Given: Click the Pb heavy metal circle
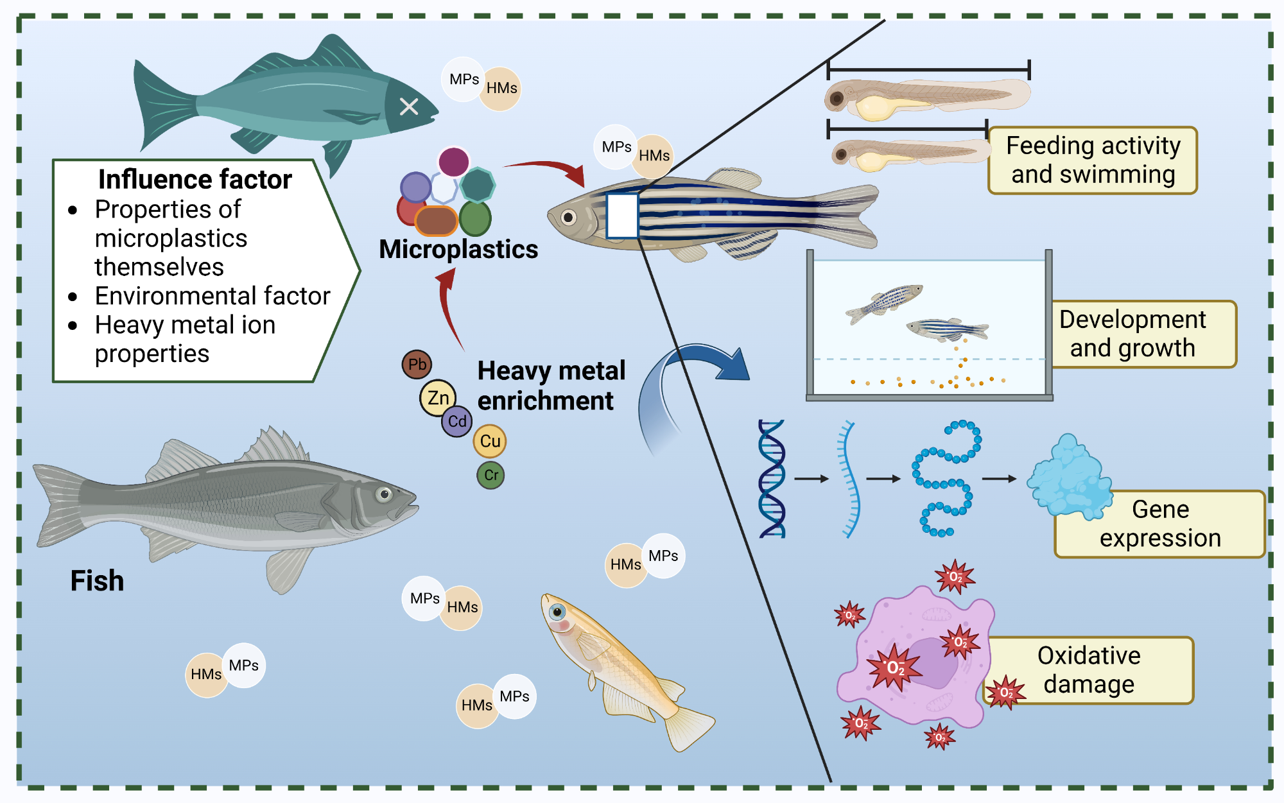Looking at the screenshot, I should tap(417, 365).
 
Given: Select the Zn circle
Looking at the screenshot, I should tap(438, 398).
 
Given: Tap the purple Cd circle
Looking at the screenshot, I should tap(457, 422).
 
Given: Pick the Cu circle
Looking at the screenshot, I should tap(490, 441).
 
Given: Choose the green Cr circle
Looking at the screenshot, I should tap(490, 476).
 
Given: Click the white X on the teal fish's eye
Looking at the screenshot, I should tap(409, 107).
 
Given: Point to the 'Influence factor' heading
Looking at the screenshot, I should tap(195, 179).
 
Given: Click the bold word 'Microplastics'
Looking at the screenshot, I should tap(458, 249).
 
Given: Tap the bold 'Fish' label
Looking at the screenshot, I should tap(97, 581).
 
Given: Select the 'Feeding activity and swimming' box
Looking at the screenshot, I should tap(1093, 160).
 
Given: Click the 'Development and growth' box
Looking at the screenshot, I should tap(1143, 334).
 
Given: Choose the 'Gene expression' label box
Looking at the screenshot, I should tap(1159, 524).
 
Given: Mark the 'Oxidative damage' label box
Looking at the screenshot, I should tap(1089, 670).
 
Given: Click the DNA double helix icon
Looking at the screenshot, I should tap(772, 479).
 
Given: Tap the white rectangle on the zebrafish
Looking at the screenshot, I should tap(621, 216).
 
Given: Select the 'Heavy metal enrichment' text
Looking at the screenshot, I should tap(550, 386).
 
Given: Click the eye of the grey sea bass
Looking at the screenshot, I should tap(385, 494).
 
